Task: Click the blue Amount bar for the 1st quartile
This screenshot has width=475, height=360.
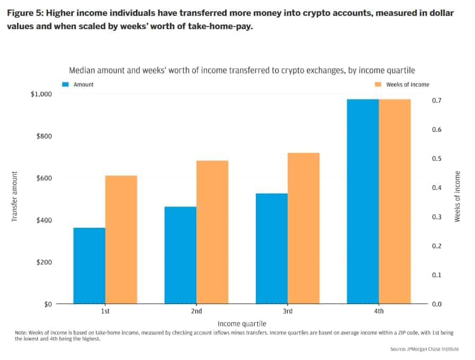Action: coord(89,265)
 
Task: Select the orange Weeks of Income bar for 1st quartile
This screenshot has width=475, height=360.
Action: coord(121,239)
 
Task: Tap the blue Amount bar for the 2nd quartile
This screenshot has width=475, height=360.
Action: coord(180,255)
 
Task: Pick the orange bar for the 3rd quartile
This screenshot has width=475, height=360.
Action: coord(304,228)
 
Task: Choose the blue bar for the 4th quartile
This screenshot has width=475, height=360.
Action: coord(363,201)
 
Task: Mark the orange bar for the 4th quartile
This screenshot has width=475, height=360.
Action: coord(395,201)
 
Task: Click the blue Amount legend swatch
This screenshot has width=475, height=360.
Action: coord(66,84)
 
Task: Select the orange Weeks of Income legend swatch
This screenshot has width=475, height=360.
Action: coord(378,84)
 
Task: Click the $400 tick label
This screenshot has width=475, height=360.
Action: coord(45,220)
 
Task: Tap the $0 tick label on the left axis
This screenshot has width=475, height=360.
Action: coord(48,304)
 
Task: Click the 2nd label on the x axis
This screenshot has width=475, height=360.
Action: coord(196,311)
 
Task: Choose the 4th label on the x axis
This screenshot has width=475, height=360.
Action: coord(378,311)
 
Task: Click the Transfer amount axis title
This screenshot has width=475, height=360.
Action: coord(15,196)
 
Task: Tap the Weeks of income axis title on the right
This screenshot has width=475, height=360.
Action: coord(457,196)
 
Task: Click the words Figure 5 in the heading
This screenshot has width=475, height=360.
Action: coord(24,13)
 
